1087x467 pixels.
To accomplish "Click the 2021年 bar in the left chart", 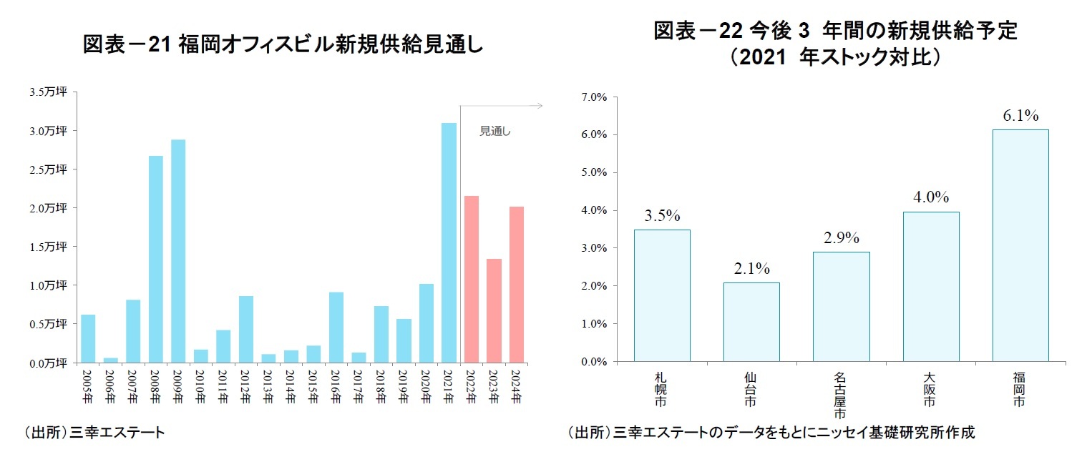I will click(449, 243).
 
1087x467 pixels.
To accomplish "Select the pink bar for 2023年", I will click(494, 310).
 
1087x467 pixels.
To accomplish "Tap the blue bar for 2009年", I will click(179, 251).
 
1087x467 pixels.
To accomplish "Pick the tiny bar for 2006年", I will click(111, 360).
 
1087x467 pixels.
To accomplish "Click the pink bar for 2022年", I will click(471, 279).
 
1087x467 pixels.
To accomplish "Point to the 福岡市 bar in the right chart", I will click(1020, 245).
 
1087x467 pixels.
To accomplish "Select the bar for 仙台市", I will click(751, 322).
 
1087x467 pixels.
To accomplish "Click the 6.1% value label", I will click(1020, 116).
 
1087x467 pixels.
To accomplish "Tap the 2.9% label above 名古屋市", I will click(841, 238).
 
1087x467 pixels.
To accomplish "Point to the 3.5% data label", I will click(662, 215).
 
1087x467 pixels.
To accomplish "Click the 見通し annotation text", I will click(494, 132).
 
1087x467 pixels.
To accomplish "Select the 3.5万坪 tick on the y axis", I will click(48, 92).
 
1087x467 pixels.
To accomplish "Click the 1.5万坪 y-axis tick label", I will click(48, 247).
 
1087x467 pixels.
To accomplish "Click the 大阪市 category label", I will click(930, 390).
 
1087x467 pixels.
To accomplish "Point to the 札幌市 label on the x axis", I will click(661, 390).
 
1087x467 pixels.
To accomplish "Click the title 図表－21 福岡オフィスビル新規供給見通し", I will click(283, 45).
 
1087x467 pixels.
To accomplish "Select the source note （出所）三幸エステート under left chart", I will click(94, 433).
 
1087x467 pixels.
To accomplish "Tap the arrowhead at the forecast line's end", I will click(540, 106).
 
